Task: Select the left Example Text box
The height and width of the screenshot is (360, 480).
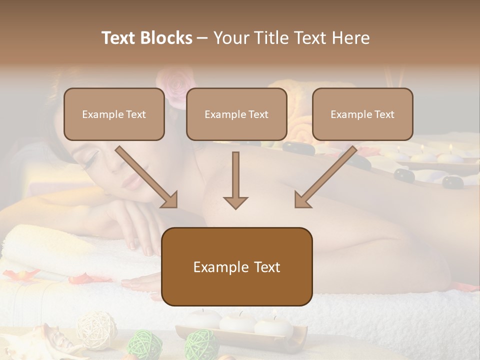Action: (114, 114)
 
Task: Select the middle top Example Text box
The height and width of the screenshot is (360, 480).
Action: (236, 114)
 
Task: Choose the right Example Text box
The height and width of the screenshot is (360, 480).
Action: (362, 114)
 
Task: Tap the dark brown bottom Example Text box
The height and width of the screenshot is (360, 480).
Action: (236, 267)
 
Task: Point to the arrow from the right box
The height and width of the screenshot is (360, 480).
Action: (325, 177)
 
